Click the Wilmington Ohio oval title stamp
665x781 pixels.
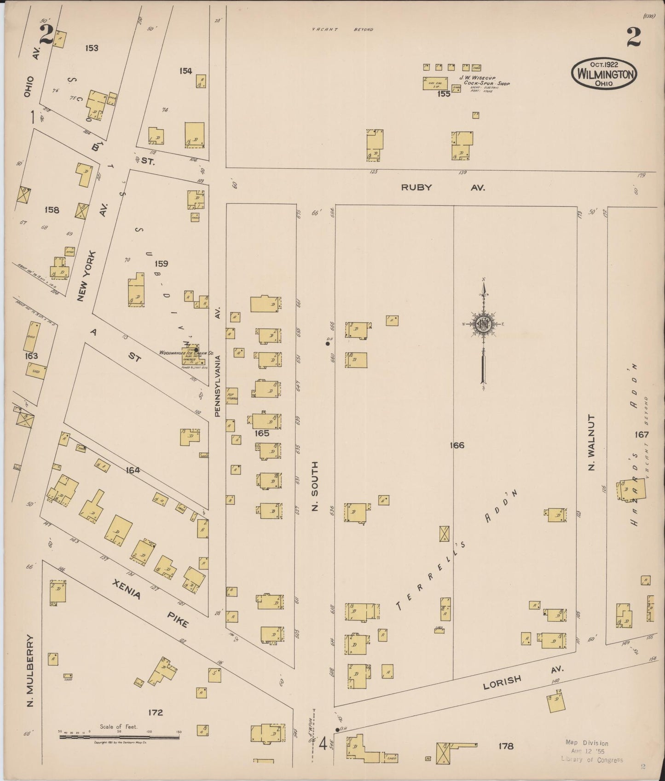click(604, 74)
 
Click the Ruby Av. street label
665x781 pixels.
click(443, 187)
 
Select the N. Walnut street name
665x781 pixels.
click(592, 442)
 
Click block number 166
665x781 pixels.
click(457, 445)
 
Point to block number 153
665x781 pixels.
click(92, 48)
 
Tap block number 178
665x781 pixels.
click(505, 746)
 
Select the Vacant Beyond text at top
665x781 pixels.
click(342, 29)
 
